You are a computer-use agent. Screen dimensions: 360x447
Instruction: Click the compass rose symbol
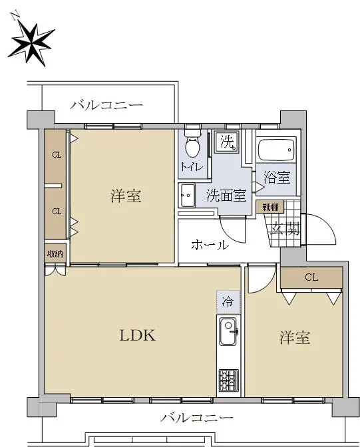(31, 43)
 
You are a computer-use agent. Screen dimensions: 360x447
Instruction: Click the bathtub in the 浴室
(276, 149)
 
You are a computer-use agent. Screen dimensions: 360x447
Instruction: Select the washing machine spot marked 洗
(227, 142)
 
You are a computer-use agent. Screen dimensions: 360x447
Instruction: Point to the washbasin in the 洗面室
(188, 196)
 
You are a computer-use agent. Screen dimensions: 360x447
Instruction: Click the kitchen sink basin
(228, 331)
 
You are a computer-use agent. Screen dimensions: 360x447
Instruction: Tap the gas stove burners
(228, 380)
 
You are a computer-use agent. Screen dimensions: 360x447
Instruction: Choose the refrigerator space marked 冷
(228, 301)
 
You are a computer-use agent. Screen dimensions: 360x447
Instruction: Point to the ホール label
(210, 245)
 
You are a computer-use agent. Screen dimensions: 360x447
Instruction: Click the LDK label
(138, 335)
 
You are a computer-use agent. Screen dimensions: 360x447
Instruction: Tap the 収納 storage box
(55, 253)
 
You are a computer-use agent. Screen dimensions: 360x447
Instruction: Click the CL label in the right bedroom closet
(311, 277)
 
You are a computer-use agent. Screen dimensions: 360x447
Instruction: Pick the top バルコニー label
(106, 105)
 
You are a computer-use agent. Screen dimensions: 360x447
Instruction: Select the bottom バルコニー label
(196, 418)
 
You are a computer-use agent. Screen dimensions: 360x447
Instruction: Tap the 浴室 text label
(277, 178)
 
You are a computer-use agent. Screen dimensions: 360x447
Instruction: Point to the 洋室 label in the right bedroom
(294, 337)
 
